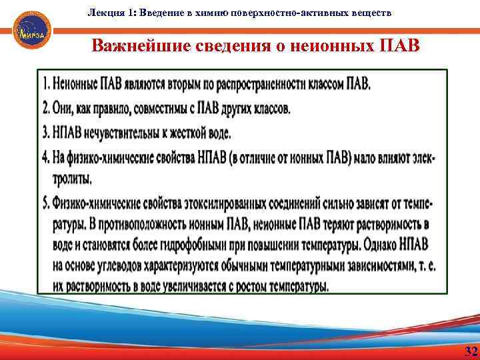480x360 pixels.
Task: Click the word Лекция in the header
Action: pyautogui.click(x=102, y=13)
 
